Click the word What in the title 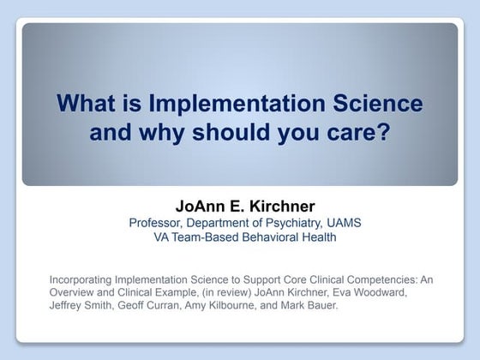pos(86,103)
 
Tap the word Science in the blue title pos(378,103)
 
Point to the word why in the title pos(161,133)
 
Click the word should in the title pos(231,132)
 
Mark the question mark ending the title pos(384,131)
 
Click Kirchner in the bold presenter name pos(282,206)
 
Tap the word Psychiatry pos(294,224)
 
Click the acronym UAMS pos(344,223)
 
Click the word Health pos(319,237)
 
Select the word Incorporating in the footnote pos(81,280)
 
